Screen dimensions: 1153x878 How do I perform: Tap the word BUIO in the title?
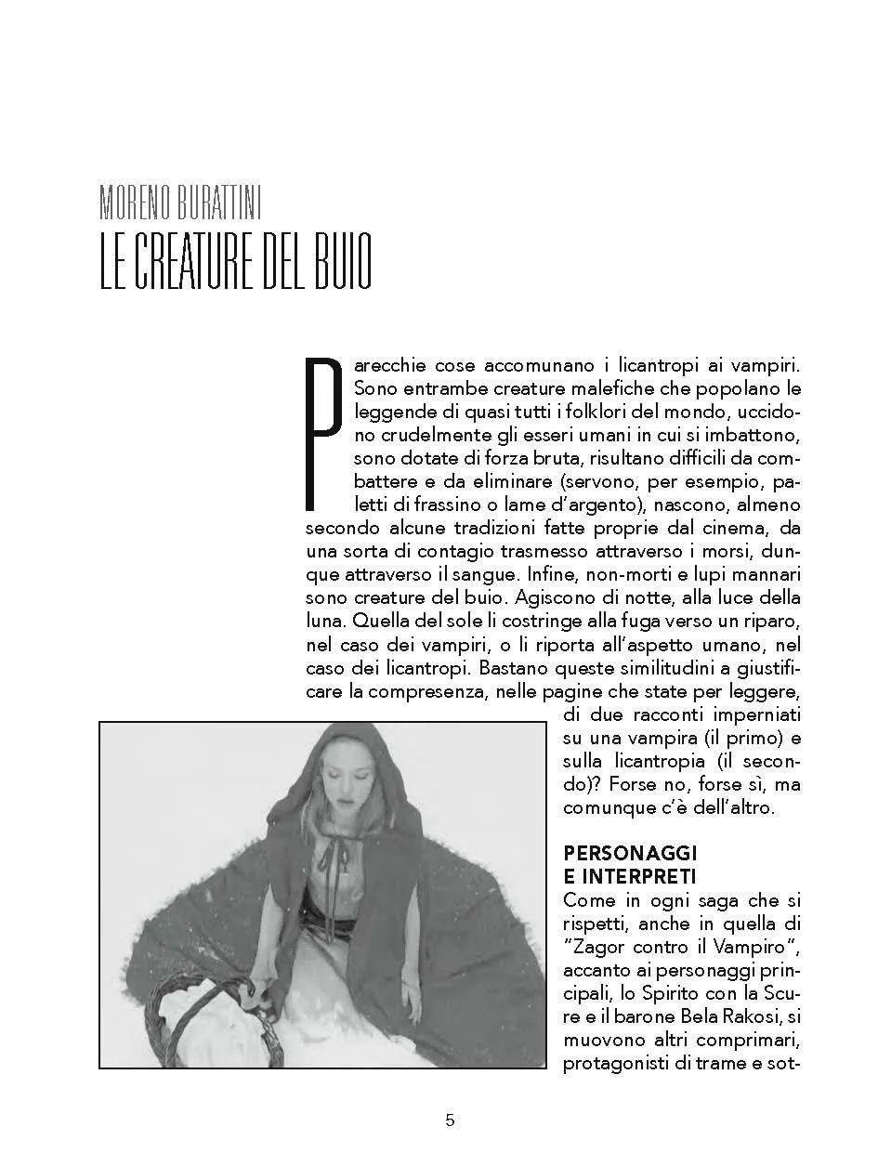tap(336, 264)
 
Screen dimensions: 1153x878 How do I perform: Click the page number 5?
tap(450, 1120)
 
